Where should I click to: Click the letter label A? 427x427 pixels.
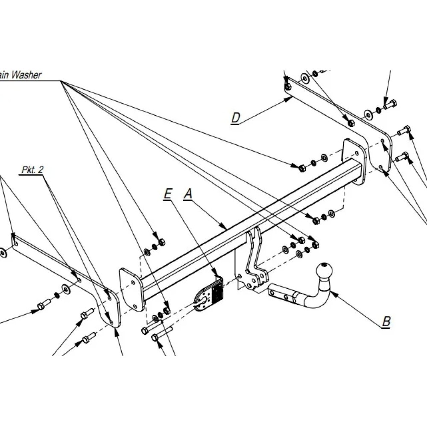(188, 194)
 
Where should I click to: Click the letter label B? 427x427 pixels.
(386, 321)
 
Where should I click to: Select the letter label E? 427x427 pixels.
(167, 194)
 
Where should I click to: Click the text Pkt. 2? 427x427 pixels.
(32, 170)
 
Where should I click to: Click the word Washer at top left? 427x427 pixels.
(26, 75)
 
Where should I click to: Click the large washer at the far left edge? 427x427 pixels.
(3, 253)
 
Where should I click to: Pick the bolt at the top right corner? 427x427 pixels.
(390, 103)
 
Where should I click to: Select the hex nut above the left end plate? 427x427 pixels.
(161, 243)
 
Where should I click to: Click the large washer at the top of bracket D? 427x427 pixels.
(305, 79)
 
